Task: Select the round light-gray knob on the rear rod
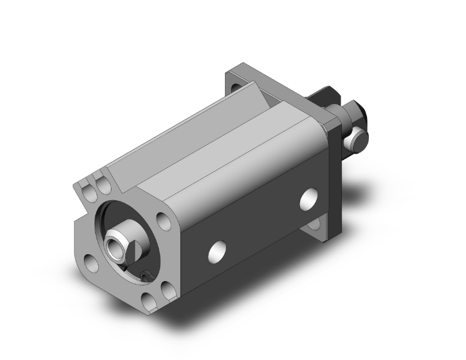pyautogui.click(x=359, y=138)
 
